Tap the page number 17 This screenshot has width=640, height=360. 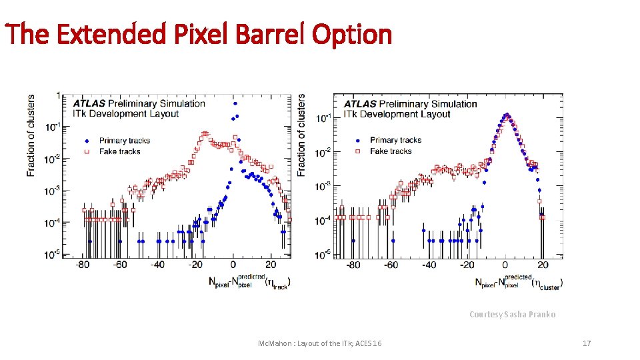(587, 343)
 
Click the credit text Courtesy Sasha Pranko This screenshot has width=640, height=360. (512, 314)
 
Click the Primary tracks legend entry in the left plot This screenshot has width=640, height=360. (124, 141)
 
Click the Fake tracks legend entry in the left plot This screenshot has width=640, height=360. (119, 151)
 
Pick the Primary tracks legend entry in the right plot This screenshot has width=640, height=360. (395, 140)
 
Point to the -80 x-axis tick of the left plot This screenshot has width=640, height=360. (83, 265)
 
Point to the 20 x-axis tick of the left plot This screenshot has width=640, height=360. (271, 265)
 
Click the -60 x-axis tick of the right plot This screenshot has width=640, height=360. (391, 265)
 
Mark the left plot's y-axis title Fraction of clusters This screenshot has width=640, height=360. (31, 135)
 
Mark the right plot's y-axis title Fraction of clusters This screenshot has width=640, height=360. (301, 135)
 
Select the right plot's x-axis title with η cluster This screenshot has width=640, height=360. (519, 281)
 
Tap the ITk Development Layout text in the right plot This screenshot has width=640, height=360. (397, 114)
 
